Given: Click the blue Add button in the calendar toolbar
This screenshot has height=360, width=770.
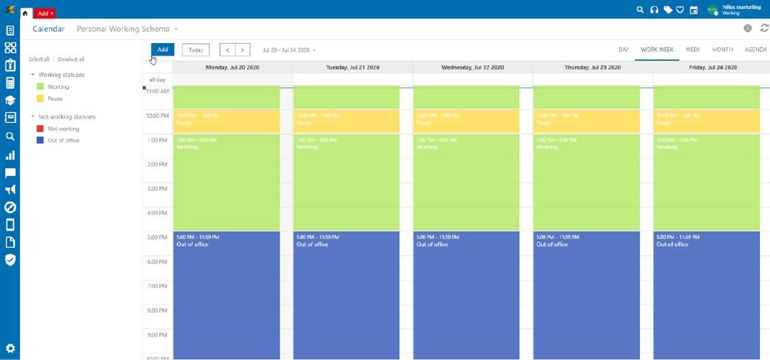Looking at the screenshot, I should [x=163, y=50].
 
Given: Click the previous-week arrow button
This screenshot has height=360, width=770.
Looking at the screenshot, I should [x=227, y=50].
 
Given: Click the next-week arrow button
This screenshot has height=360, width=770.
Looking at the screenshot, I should [x=241, y=50].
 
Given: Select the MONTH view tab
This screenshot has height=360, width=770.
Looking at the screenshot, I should [x=722, y=50].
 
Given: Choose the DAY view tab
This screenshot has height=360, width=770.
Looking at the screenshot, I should [x=623, y=50].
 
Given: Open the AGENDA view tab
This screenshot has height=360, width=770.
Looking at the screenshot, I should [x=755, y=50].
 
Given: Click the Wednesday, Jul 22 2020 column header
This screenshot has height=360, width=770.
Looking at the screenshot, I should [x=473, y=67].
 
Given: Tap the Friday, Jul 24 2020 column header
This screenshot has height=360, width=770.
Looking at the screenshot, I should [x=712, y=67].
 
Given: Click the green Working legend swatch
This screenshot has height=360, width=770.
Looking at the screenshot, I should [x=40, y=87].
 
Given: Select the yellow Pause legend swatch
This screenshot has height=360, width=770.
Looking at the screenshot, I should [x=40, y=99].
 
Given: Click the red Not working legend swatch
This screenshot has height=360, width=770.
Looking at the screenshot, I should [x=40, y=129].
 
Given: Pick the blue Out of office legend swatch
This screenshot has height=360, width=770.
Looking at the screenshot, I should [x=40, y=140].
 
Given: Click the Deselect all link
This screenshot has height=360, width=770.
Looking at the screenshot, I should [x=71, y=60].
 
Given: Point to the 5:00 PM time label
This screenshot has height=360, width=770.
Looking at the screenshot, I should [x=158, y=238].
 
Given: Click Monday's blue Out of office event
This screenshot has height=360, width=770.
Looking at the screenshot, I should [x=227, y=290].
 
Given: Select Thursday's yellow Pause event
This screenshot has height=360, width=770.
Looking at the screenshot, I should [x=586, y=121].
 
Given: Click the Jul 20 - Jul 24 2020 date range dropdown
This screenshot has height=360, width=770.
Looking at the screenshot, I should [x=289, y=51].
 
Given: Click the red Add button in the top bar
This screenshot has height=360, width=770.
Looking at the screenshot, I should [x=45, y=13].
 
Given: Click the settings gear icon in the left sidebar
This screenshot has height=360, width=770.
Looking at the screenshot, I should [x=10, y=348].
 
